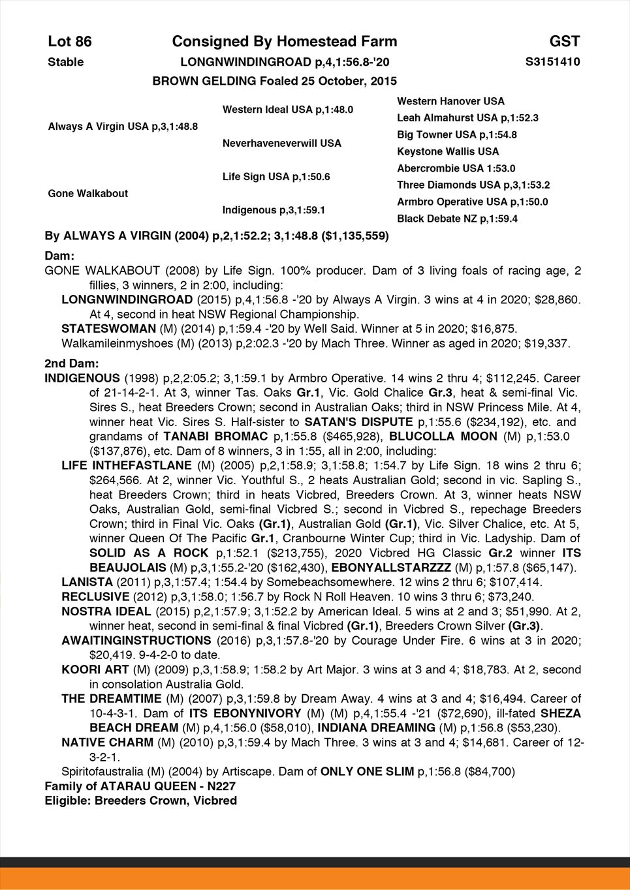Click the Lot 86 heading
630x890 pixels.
click(70, 42)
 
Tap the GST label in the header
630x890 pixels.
click(565, 42)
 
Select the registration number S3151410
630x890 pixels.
click(553, 62)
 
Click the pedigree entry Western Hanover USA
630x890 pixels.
click(450, 101)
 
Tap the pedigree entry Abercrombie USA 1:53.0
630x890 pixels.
click(456, 168)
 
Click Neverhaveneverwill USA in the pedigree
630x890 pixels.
click(281, 143)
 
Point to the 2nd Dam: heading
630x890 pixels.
click(72, 363)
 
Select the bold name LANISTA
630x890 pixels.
click(86, 582)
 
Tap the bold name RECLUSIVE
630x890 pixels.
click(95, 596)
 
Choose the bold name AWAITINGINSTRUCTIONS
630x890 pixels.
click(136, 640)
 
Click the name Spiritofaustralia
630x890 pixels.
click(102, 771)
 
